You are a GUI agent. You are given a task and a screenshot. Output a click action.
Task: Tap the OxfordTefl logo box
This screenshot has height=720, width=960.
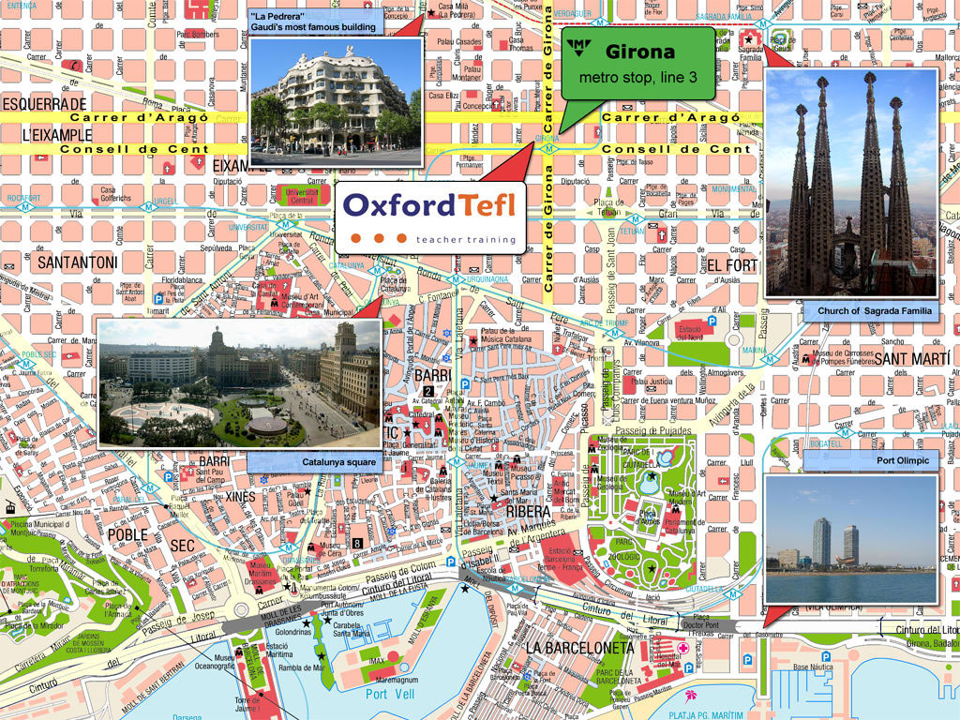point(429,216)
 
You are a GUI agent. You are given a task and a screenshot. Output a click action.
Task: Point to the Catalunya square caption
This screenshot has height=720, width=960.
point(338,462)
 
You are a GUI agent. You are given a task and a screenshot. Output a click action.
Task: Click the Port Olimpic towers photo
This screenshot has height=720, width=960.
point(851,539)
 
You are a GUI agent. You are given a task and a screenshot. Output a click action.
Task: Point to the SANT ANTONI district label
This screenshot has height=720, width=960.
point(77,263)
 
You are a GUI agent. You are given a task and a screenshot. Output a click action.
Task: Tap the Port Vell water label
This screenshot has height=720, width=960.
point(389,695)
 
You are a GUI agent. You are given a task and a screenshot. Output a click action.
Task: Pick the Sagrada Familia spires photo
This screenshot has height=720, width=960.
point(851,183)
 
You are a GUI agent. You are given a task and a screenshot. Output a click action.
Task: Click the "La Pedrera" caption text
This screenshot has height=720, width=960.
point(313,22)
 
